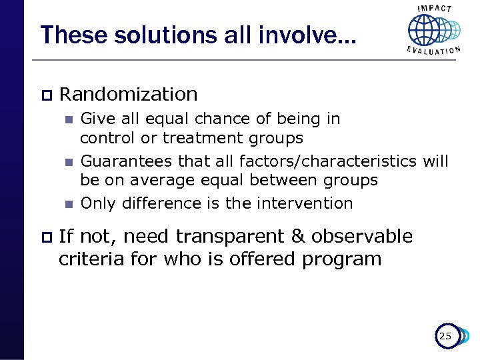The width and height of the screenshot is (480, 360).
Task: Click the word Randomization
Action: [x=128, y=95]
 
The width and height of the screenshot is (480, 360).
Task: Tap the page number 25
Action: [x=445, y=337]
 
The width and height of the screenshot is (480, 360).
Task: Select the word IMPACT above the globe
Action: [x=434, y=9]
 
